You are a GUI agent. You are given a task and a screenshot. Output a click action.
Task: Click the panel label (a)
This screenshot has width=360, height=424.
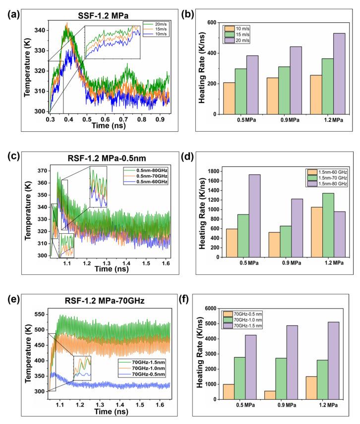point(10,9)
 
